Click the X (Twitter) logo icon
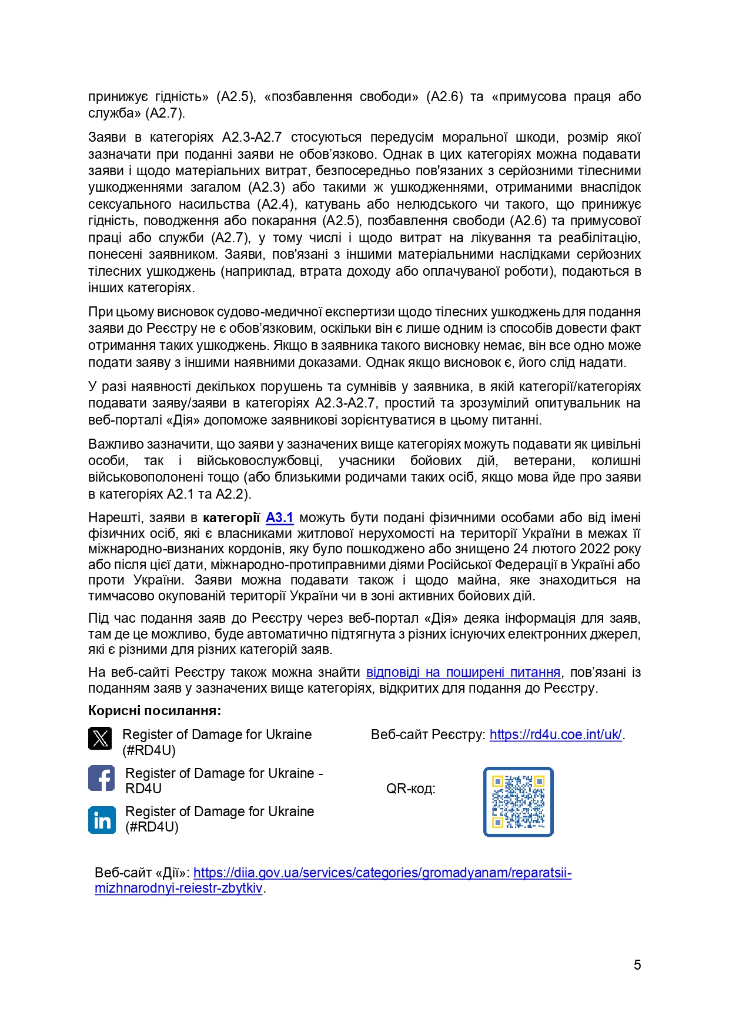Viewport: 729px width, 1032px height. point(100,738)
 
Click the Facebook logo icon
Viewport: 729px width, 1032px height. point(101,778)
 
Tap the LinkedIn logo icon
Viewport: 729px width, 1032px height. point(102,820)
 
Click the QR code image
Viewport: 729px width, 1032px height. point(518,801)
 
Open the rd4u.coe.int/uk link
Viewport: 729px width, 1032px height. point(555,734)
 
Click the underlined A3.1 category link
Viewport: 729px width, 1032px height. point(279,517)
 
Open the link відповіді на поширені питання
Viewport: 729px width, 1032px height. point(463,672)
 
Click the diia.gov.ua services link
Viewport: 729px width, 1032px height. point(382,873)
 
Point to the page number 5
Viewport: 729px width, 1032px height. point(637,964)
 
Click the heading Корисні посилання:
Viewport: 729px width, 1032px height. point(155,710)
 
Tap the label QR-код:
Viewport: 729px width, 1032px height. point(410,789)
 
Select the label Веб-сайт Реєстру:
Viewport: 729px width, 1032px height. point(428,734)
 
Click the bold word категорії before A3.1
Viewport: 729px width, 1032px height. point(231,517)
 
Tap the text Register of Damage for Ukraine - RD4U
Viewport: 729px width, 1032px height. point(223,780)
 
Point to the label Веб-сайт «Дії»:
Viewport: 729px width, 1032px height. point(142,873)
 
